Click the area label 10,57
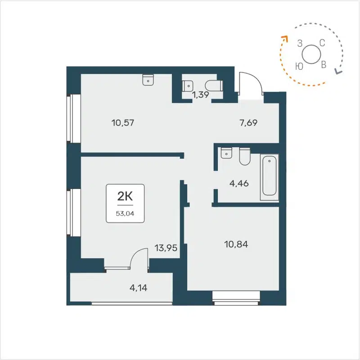(x=123, y=122)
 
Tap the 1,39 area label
(x=200, y=94)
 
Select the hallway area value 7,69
(x=248, y=122)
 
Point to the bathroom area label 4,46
(x=239, y=183)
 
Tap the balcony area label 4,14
(x=138, y=286)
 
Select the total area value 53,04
(x=125, y=213)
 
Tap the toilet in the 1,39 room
(x=214, y=85)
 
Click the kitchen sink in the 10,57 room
(x=148, y=80)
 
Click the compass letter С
(x=322, y=43)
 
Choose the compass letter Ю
(x=298, y=66)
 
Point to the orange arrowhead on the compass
(x=284, y=39)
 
